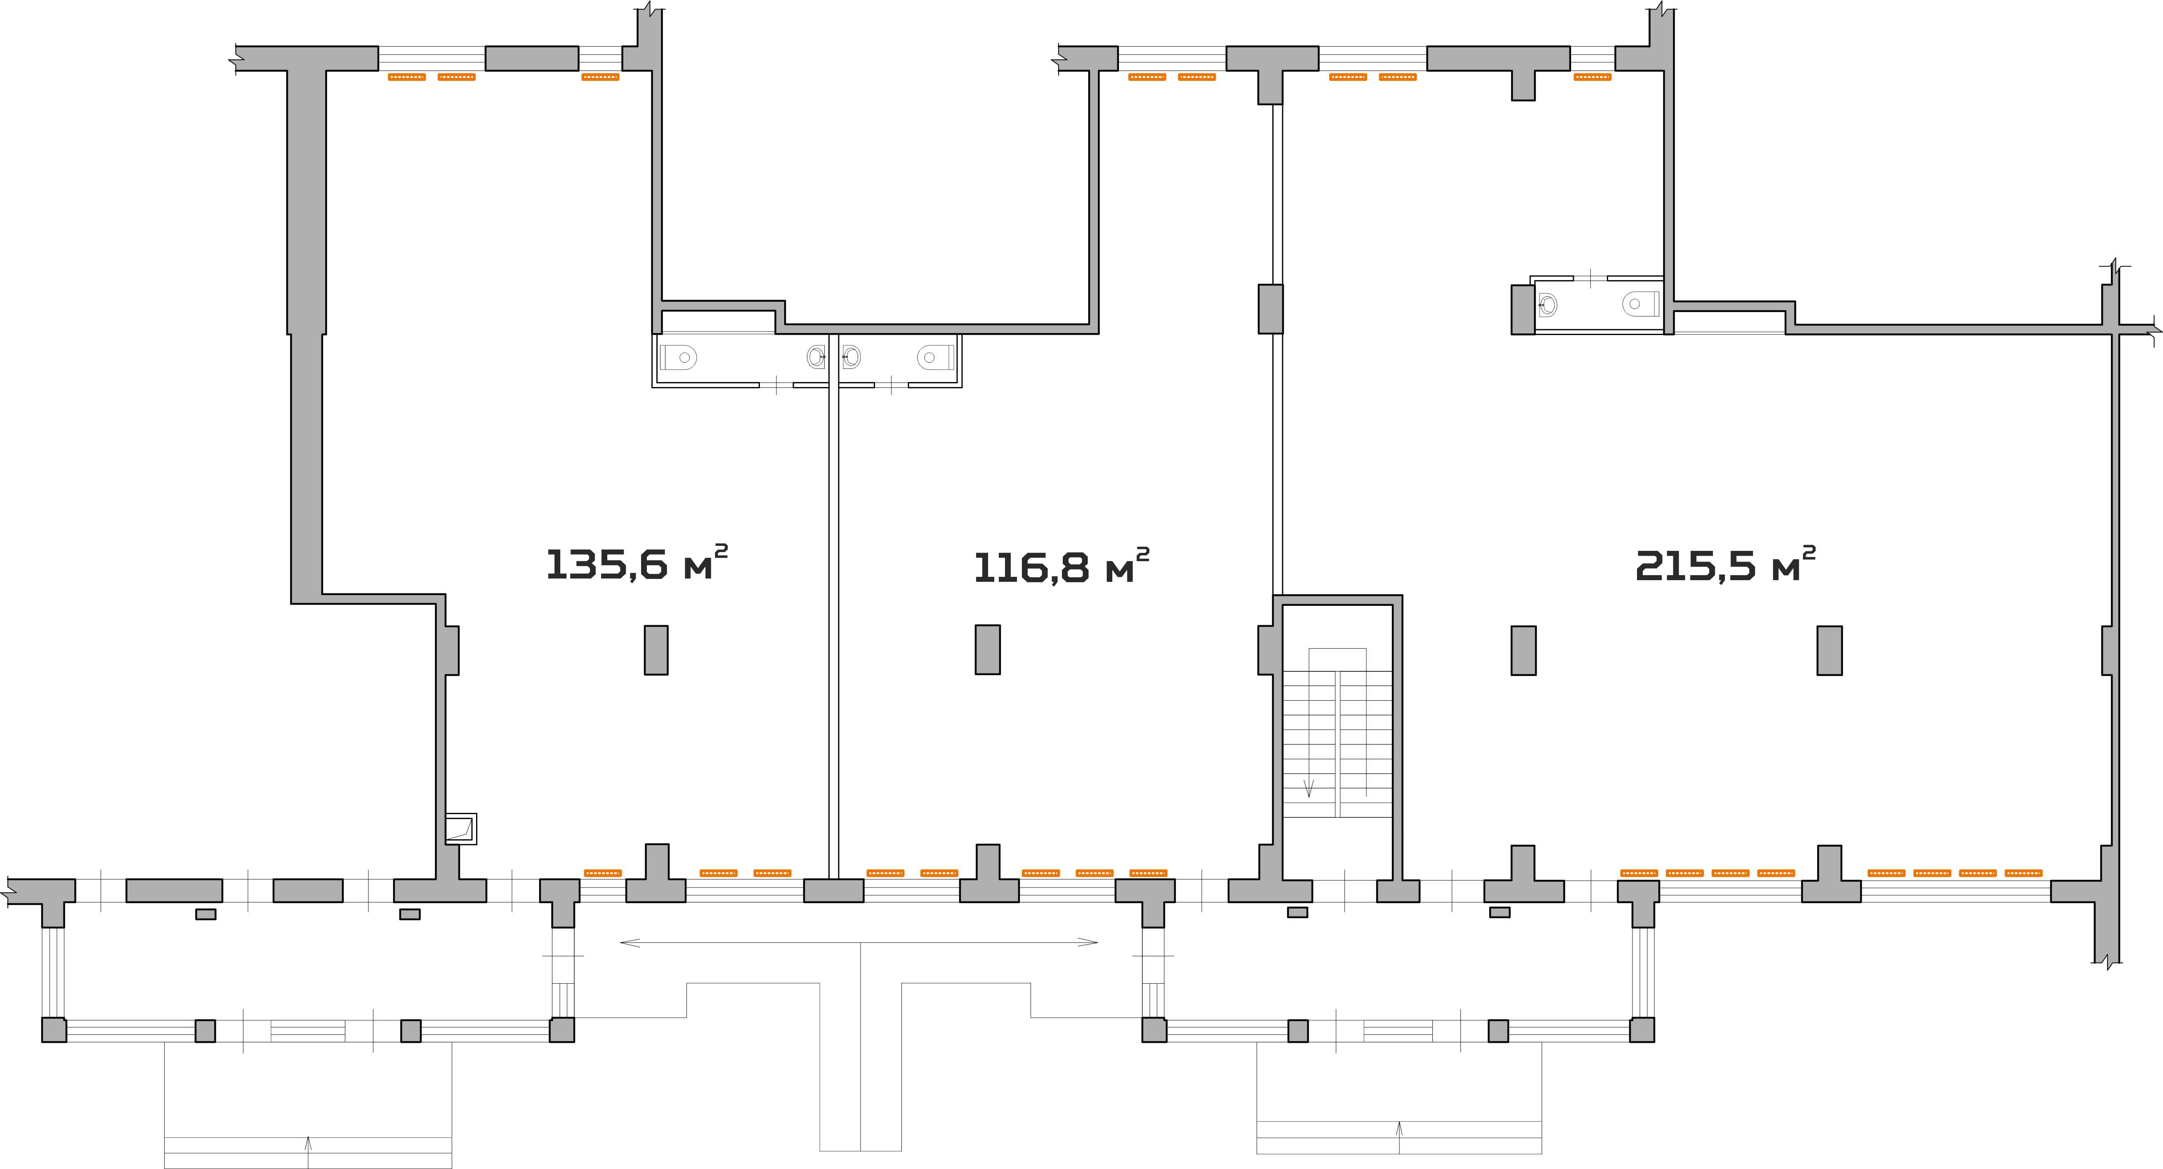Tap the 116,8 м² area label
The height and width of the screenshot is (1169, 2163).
point(1061,566)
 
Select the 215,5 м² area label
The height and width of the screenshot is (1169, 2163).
point(1726,564)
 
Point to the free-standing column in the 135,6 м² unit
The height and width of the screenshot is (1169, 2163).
point(656,650)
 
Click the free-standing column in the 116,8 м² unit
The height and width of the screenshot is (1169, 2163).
point(988,649)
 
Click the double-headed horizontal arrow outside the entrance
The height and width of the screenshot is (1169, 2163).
point(859,942)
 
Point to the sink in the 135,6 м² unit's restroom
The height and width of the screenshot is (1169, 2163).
point(816,357)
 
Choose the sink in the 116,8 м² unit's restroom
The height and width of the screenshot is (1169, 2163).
point(851,357)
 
